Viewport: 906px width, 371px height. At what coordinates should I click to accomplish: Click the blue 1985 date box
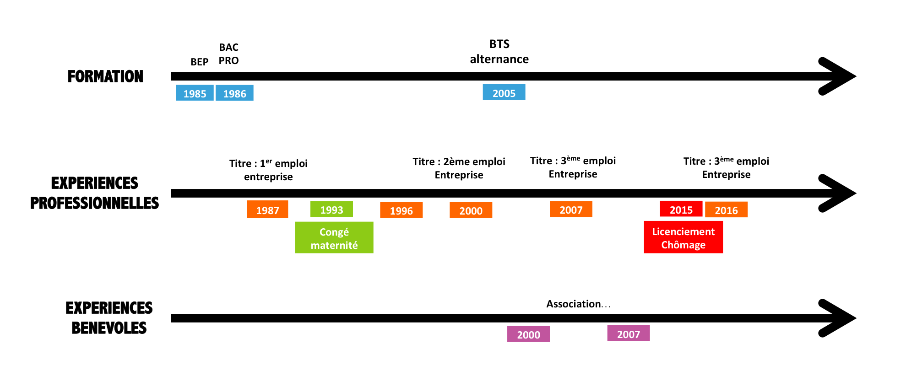coord(195,93)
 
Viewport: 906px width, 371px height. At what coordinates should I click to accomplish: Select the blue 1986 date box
coord(234,93)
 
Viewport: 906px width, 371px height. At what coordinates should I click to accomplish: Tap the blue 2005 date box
coord(504,93)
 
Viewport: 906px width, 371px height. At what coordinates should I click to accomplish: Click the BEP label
coord(199,62)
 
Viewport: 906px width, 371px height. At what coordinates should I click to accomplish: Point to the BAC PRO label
coord(228,54)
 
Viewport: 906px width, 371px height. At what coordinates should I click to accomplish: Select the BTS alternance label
coord(499,52)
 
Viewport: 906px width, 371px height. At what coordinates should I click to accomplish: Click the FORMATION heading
coord(105,76)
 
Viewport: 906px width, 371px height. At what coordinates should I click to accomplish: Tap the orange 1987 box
coord(267,210)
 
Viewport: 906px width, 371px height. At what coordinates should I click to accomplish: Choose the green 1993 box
coord(331,210)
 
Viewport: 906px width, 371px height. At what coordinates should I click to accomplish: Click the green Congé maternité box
coord(334,238)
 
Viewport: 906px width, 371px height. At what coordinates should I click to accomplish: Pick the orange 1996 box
coord(401,210)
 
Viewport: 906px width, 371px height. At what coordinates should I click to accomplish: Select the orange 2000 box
coord(471,210)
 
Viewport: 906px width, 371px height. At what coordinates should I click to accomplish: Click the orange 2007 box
coord(571,210)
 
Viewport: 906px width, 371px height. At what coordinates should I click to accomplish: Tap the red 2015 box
coord(681,210)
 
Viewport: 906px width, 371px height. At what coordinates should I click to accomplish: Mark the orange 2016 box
coord(726,210)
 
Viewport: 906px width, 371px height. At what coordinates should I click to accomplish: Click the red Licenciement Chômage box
coord(683,237)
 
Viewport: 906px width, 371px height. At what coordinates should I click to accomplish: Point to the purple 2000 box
coord(528,334)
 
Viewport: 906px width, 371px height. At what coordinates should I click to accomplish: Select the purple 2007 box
coord(628,334)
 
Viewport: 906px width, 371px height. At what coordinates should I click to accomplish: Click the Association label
coord(578,304)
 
